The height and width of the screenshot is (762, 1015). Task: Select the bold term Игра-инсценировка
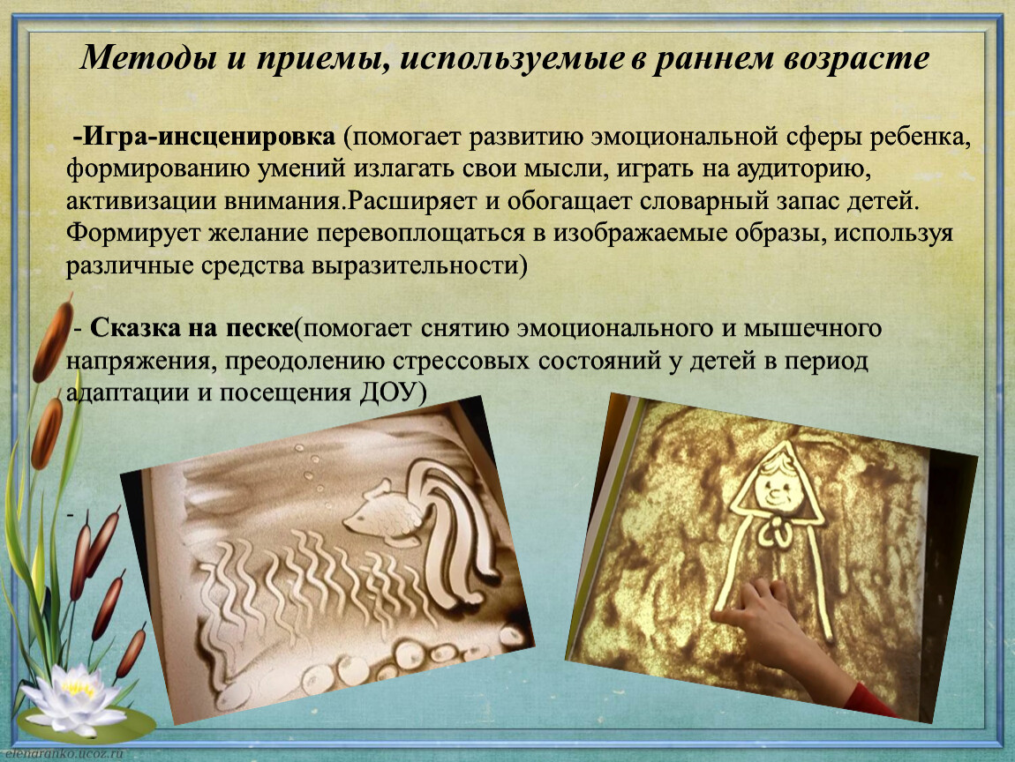point(205,137)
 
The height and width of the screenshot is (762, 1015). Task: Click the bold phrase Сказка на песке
point(192,328)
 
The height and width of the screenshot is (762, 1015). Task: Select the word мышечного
point(812,329)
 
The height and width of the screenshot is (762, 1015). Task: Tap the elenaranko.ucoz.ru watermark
point(62,754)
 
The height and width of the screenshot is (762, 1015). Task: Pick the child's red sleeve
point(870,700)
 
